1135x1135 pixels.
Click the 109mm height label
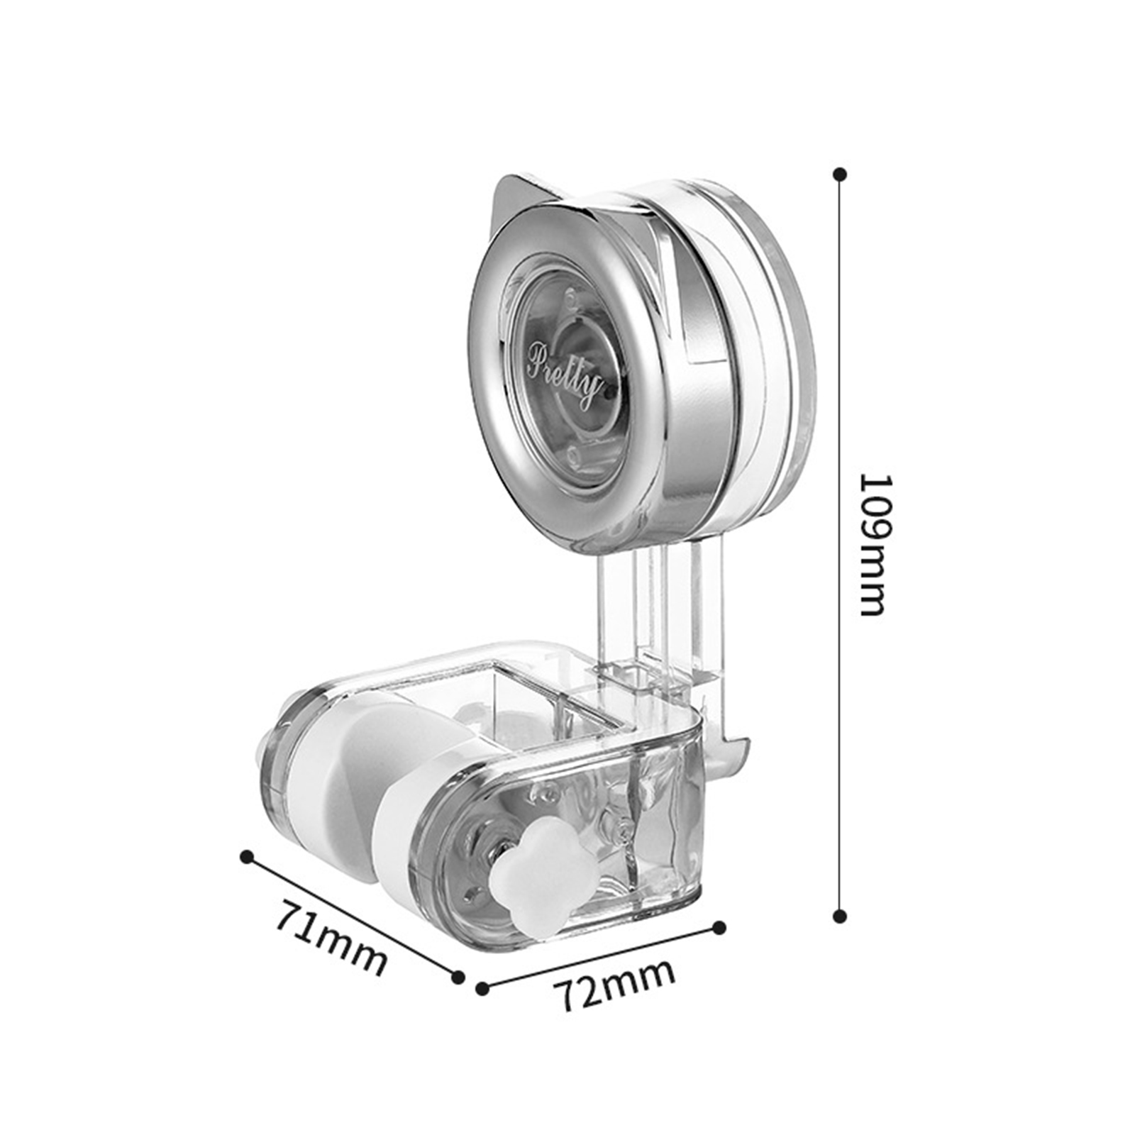coord(873,545)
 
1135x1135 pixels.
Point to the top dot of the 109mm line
coord(841,174)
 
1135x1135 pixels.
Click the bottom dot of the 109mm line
coord(841,917)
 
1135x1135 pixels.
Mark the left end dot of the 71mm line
coord(247,857)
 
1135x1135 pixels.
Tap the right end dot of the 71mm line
coord(459,977)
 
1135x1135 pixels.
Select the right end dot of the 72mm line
coord(719,926)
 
